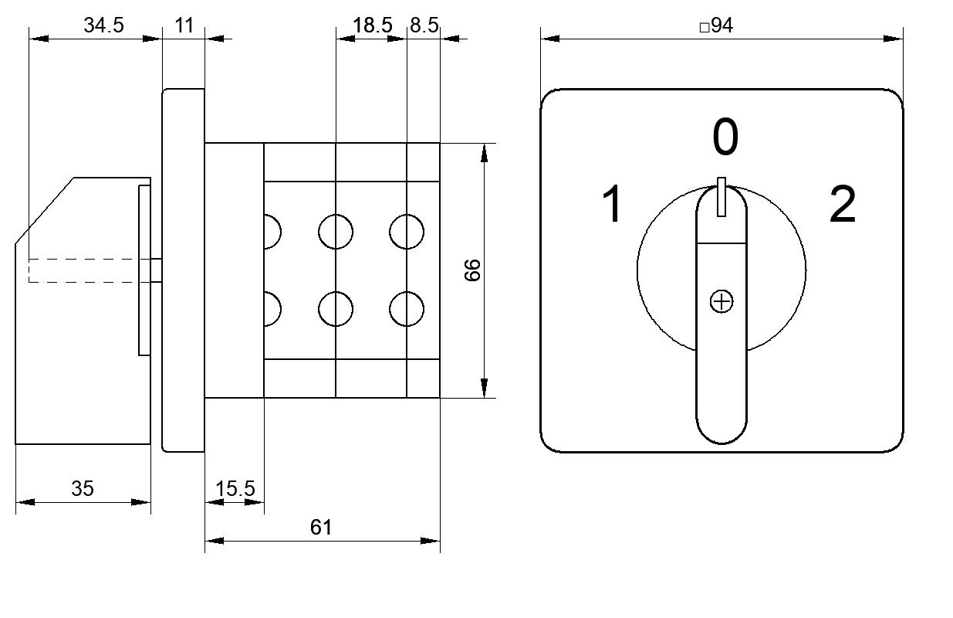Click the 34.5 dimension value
click(103, 25)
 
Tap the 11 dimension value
click(184, 25)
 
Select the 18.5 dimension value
click(372, 25)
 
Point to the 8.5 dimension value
click(424, 25)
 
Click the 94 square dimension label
click(716, 25)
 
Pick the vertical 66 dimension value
click(472, 270)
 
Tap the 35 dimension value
click(83, 488)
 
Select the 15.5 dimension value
click(235, 488)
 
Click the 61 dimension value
click(321, 528)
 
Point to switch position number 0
click(725, 137)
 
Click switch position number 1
click(613, 204)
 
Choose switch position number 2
click(843, 204)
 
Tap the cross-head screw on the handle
click(722, 301)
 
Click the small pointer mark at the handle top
click(722, 197)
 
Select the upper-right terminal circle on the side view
click(407, 232)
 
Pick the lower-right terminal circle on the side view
click(407, 309)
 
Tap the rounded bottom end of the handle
click(722, 443)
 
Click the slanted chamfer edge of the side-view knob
click(45, 210)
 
